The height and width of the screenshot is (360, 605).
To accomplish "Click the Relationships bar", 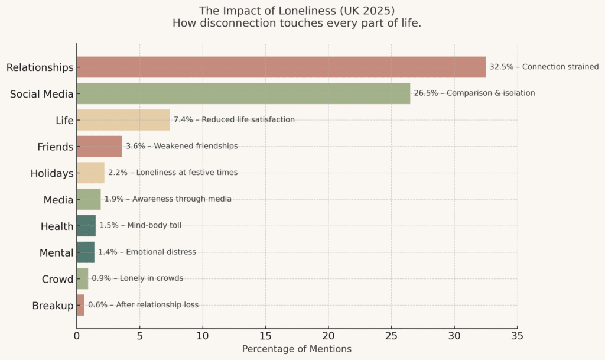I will [x=281, y=67].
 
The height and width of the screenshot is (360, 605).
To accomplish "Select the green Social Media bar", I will [x=243, y=93].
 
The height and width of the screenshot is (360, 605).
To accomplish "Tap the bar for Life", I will [x=123, y=120].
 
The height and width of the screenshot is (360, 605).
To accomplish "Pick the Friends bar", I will [x=99, y=146].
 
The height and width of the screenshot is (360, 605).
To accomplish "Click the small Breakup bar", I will [x=80, y=305].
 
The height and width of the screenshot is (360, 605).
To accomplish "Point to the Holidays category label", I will [x=52, y=173].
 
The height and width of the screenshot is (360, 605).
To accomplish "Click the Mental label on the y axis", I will [x=57, y=253].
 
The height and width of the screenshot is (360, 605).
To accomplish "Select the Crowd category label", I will [x=57, y=279].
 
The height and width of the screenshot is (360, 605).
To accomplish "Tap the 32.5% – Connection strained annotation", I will [x=544, y=67].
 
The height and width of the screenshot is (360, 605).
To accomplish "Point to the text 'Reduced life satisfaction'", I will [x=248, y=120].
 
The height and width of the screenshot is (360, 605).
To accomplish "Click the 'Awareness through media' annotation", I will [x=181, y=199].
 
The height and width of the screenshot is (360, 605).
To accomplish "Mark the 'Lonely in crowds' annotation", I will [x=145, y=278].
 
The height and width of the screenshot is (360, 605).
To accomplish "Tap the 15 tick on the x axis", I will [x=265, y=335].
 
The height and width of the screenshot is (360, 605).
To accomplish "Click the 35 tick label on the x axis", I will [x=517, y=335].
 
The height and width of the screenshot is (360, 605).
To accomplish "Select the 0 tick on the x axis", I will [x=77, y=335].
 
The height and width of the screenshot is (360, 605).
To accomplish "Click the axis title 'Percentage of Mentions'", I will [x=297, y=349].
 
